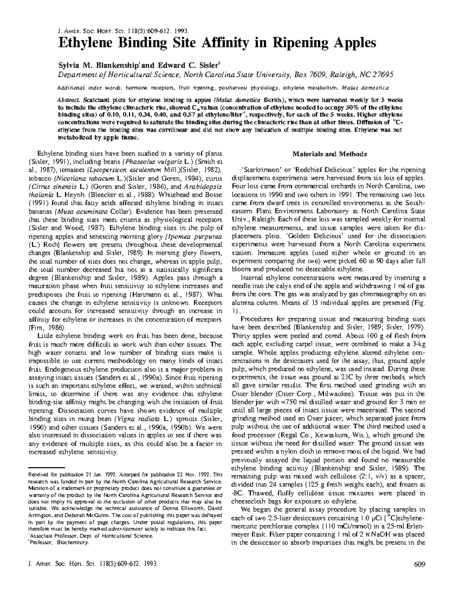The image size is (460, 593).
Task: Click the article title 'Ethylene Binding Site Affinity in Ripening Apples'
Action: [x=217, y=43]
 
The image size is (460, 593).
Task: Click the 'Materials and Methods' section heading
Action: [x=330, y=154]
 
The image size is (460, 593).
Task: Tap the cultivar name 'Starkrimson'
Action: [x=258, y=170]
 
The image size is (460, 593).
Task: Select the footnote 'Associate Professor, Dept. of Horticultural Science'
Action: [x=90, y=536]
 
